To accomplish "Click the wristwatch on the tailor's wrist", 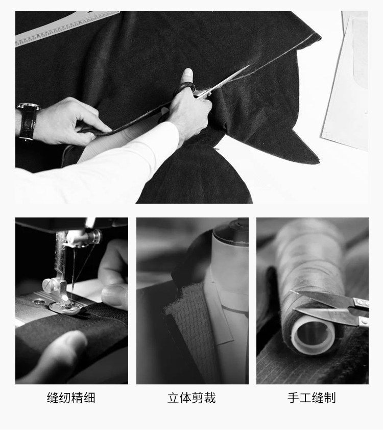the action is (x=28, y=120).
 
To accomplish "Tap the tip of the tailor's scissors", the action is (x=249, y=66).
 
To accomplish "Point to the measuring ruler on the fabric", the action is (x=67, y=28).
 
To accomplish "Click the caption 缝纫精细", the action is (x=71, y=398).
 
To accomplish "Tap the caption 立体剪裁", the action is (x=192, y=398).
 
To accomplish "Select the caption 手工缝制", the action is (x=312, y=398).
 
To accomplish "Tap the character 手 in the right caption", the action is (x=293, y=398).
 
